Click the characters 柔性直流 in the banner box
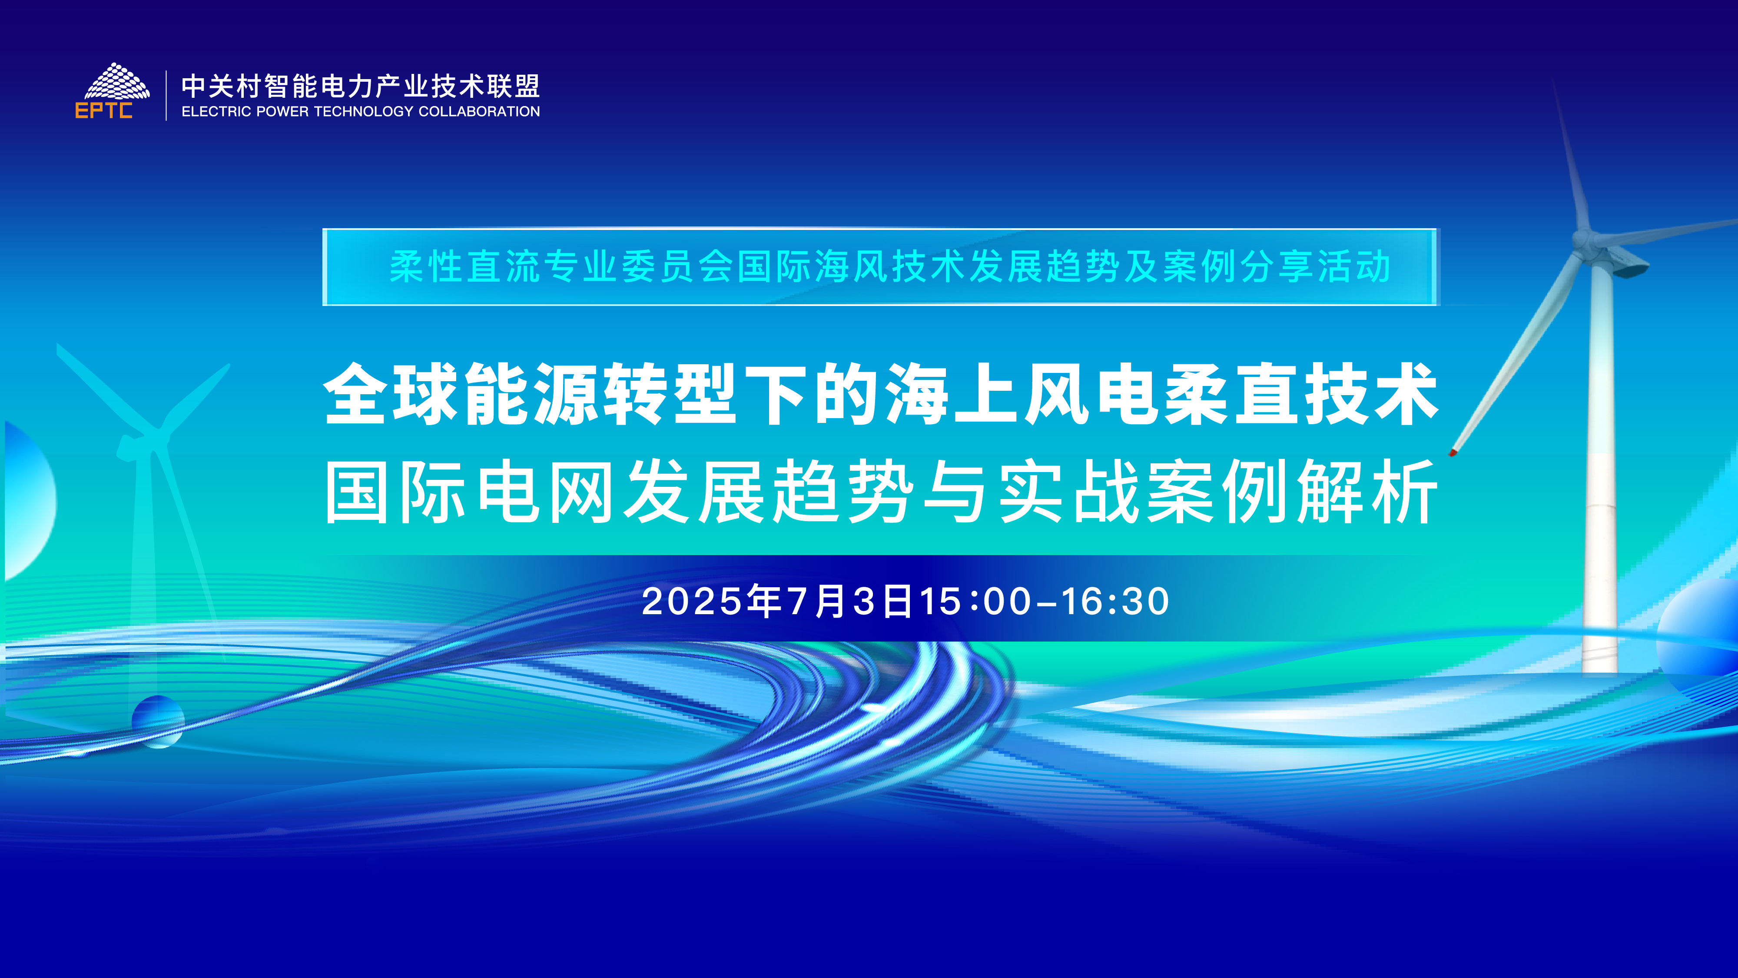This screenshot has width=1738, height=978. coord(465,266)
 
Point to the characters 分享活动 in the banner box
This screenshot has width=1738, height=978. coord(1316,266)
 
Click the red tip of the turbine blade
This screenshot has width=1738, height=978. coord(1453,452)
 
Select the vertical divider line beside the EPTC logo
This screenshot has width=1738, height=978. coord(166,95)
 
